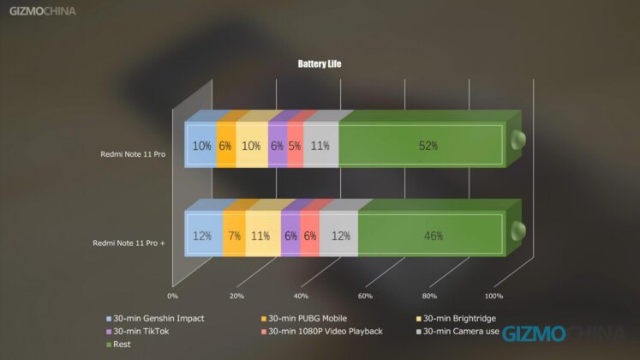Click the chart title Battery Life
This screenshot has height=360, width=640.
[320, 63]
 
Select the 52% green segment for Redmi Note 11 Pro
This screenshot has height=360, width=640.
[422, 146]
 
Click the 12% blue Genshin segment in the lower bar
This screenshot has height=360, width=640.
[203, 235]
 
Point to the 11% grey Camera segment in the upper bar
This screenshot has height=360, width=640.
[321, 146]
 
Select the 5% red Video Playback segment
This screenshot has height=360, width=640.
[295, 146]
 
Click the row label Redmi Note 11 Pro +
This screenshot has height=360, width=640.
[129, 243]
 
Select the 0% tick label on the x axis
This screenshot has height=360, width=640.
[172, 296]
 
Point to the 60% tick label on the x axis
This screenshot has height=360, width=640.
[365, 296]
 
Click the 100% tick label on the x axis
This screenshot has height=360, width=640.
[493, 296]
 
